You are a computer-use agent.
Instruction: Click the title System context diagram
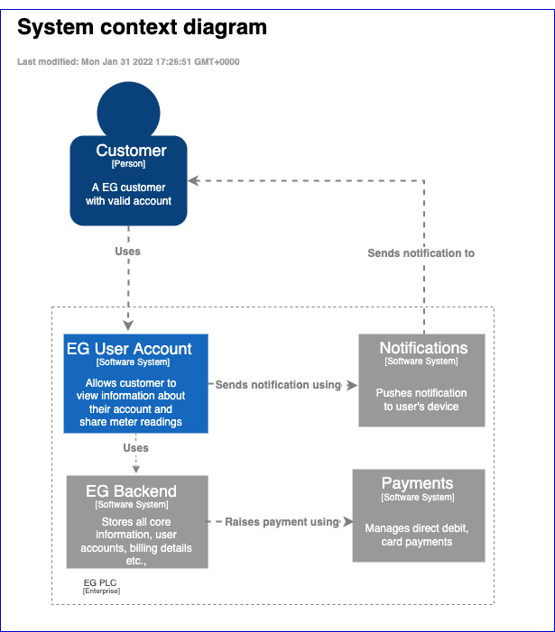point(142,28)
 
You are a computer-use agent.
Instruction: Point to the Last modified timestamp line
point(128,62)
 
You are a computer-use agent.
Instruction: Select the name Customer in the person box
point(131,151)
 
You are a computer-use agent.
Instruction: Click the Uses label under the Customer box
point(127,252)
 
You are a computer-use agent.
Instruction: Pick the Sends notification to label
point(421,253)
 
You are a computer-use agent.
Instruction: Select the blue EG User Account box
point(135,383)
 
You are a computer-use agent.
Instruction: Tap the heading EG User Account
point(129,349)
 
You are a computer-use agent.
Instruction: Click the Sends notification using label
point(278,385)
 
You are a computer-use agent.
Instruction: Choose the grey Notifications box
point(421,380)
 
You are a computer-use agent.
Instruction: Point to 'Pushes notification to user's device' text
point(421,399)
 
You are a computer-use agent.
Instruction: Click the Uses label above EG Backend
point(135,448)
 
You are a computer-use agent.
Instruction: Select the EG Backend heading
point(131,491)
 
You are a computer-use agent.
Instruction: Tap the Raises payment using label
point(281,521)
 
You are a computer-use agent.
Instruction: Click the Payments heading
point(417,484)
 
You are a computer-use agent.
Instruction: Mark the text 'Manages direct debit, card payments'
point(417,535)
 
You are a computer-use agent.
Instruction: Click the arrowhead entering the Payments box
point(347,521)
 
